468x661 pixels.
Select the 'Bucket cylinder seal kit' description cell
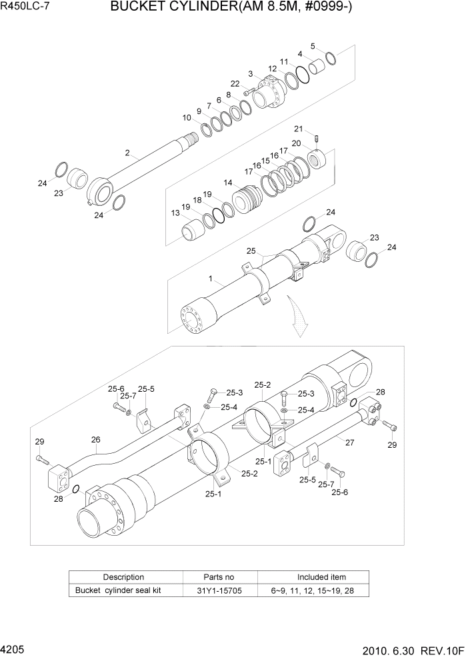pyautogui.click(x=118, y=590)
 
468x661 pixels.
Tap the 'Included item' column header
pyautogui.click(x=321, y=577)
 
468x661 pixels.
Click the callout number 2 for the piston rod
pyautogui.click(x=127, y=153)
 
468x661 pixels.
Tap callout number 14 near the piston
pyautogui.click(x=228, y=183)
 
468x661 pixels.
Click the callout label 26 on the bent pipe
pyautogui.click(x=95, y=440)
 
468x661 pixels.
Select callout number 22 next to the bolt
pyautogui.click(x=235, y=83)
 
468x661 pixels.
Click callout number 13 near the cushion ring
pyautogui.click(x=175, y=213)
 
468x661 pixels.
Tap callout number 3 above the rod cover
pyautogui.click(x=250, y=73)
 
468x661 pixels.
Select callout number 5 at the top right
pyautogui.click(x=313, y=46)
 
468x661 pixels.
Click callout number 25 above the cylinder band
pyautogui.click(x=251, y=251)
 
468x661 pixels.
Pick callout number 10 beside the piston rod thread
pyautogui.click(x=187, y=117)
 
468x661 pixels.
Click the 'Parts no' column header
pyautogui.click(x=219, y=577)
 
